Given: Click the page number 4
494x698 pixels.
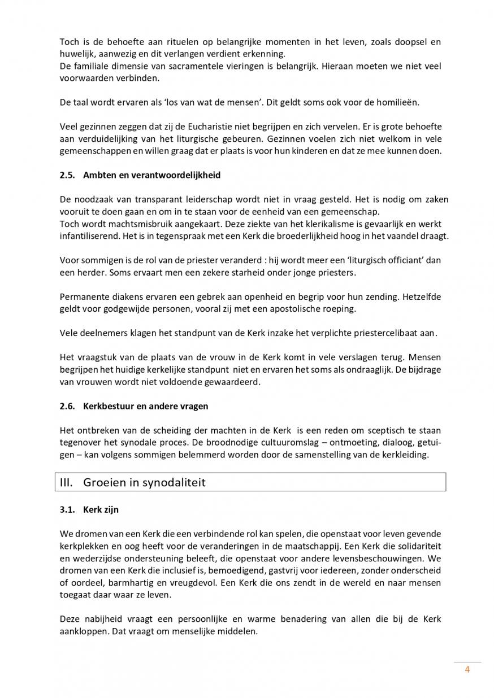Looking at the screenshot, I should click(467, 670).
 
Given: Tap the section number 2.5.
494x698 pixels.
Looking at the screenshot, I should click(67, 175).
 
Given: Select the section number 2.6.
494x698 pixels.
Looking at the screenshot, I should click(67, 406).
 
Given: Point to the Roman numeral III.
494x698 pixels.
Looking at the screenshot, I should click(67, 482).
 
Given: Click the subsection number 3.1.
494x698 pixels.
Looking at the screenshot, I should click(67, 509).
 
